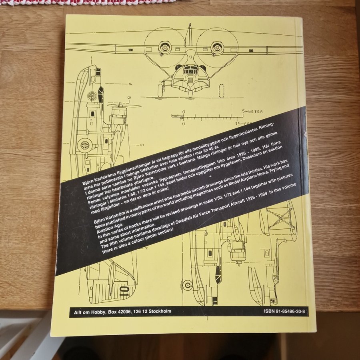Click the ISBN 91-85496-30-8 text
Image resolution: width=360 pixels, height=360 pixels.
[x=284, y=312]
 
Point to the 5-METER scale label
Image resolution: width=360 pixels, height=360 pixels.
[x=252, y=112]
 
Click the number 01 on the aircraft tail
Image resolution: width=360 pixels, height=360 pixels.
[x=124, y=291]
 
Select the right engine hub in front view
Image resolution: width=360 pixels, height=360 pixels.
[x=217, y=48]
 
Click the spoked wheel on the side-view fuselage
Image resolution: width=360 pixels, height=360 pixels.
[x=85, y=145]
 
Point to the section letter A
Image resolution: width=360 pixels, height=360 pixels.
[x=130, y=84]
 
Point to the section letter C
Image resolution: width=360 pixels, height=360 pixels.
[x=142, y=145]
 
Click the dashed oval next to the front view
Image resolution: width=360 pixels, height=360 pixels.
[x=221, y=91]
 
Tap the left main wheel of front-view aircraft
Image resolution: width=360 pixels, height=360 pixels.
[x=160, y=90]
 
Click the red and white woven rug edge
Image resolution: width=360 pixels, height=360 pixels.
[x=87, y=2]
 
